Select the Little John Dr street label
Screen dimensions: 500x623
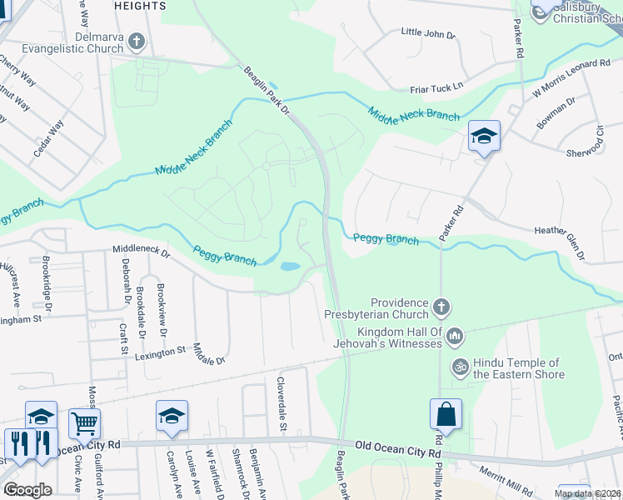428,34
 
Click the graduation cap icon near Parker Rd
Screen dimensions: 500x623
483,136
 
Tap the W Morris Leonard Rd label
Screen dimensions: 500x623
577,76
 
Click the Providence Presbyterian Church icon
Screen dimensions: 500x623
441,308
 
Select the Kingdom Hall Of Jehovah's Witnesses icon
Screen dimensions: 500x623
454,337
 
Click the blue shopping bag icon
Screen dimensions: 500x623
446,414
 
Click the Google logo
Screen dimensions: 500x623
27,489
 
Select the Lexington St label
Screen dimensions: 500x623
160,352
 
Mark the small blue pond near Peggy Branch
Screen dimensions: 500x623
290,267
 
